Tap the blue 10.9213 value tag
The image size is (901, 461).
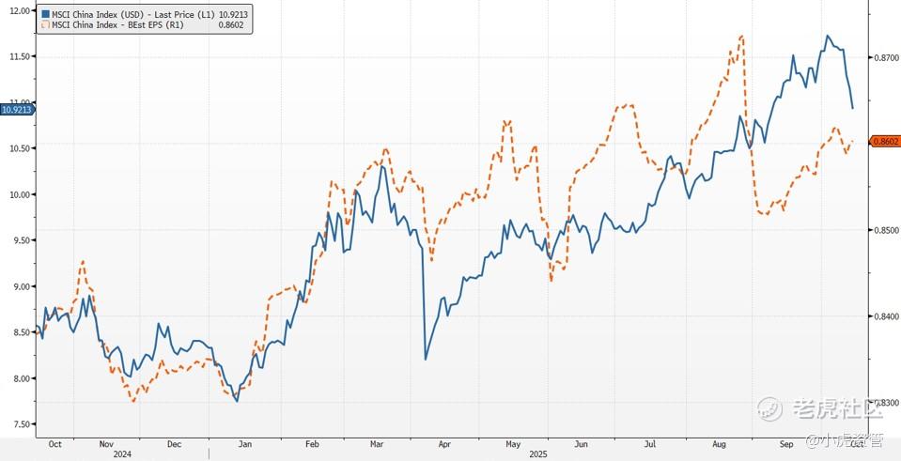pos(17,110)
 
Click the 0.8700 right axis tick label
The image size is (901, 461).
pos(887,58)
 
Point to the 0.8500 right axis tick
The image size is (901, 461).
pos(887,230)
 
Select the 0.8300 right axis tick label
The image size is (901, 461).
pos(887,403)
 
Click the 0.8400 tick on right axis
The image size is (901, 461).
pos(887,316)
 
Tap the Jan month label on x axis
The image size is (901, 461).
pos(242,442)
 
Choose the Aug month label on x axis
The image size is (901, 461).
pos(719,442)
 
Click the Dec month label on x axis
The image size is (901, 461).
pos(174,442)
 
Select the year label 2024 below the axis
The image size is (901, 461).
pos(122,453)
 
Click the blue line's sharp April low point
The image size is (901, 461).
pos(426,360)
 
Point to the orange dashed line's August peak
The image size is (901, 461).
pos(742,37)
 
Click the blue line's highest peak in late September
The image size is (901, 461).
pos(828,36)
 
